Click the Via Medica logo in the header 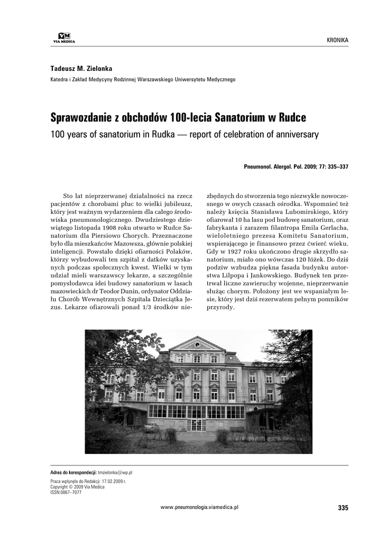click(x=64, y=38)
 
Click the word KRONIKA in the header click(x=338, y=40)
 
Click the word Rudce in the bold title click(x=292, y=117)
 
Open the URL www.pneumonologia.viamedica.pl click(x=199, y=507)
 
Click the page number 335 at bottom click(x=343, y=508)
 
